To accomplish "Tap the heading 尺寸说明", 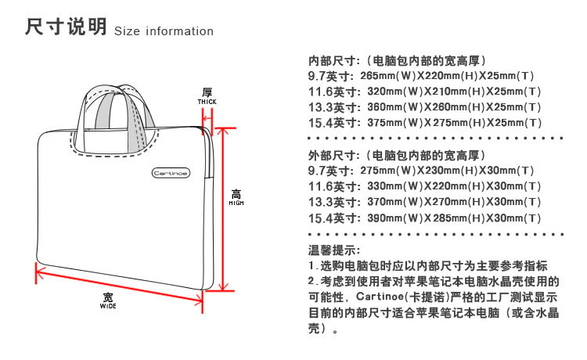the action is point(65,28).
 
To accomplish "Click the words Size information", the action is point(164,31).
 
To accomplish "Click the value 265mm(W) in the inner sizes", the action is point(387,76).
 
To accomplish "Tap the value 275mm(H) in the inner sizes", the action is point(457,123).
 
